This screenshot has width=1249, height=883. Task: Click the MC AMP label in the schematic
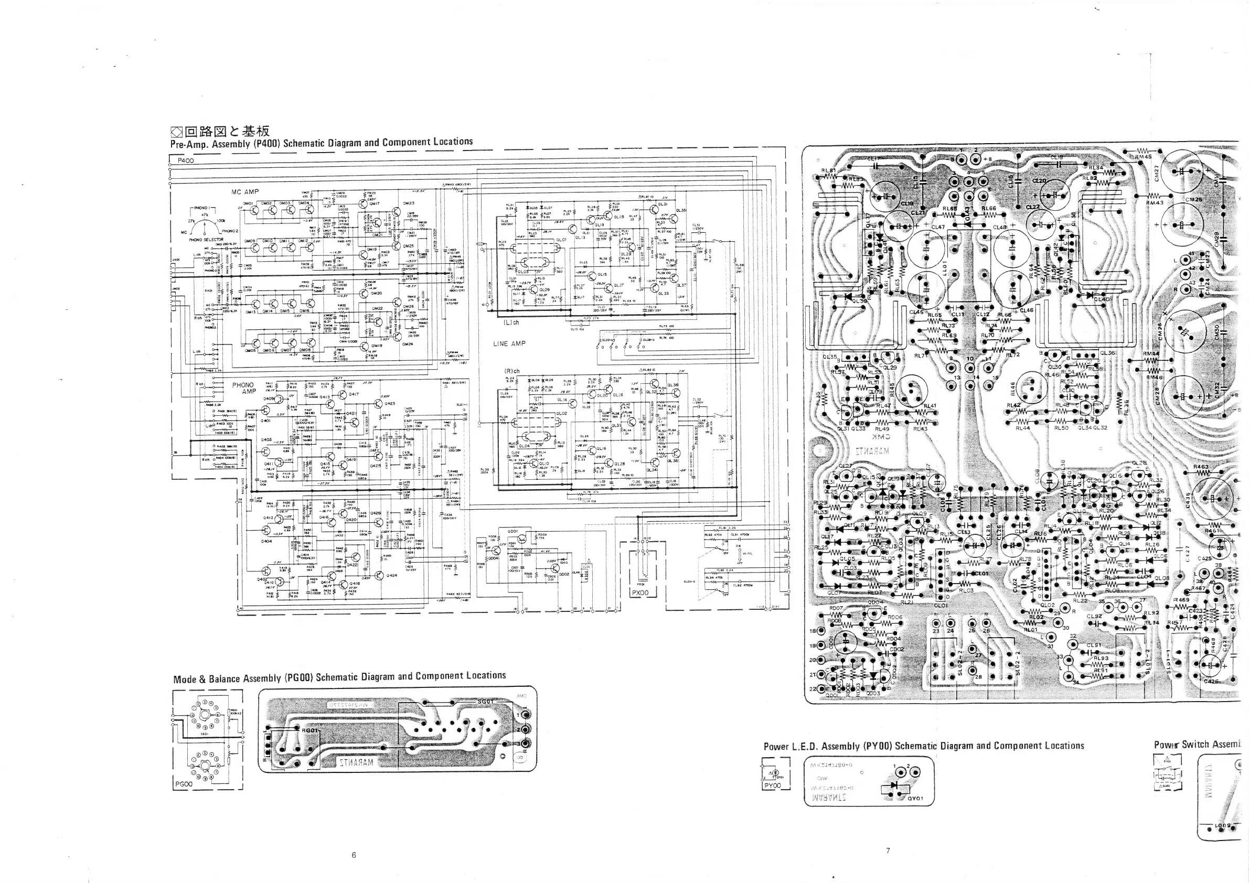coord(245,192)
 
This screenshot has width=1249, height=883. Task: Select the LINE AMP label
coord(509,343)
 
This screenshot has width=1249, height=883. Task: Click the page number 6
coord(354,855)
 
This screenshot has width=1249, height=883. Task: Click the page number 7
coord(888,850)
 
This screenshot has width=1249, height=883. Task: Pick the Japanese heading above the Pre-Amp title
coord(220,131)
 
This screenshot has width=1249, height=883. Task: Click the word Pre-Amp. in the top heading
coord(188,144)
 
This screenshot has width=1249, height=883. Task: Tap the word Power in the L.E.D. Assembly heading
coord(776,747)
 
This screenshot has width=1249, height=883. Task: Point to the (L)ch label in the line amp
coord(511,322)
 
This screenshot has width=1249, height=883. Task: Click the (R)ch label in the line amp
coord(513,371)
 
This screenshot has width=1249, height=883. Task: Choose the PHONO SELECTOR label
coord(206,239)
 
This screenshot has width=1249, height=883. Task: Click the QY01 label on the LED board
coord(915,798)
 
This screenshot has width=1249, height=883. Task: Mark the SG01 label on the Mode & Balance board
coord(485,702)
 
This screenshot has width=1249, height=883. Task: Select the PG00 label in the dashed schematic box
coord(185,784)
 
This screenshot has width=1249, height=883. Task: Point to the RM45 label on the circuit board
coord(1143,157)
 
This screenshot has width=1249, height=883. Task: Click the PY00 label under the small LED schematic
coord(773,785)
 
